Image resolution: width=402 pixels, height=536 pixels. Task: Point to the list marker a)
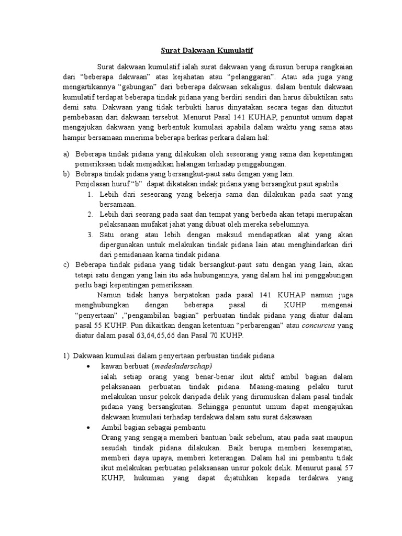click(65, 154)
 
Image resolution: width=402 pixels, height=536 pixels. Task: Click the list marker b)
click(65, 174)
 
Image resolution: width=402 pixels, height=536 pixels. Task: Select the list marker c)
click(65, 264)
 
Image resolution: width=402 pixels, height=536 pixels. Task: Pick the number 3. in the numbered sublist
click(90, 234)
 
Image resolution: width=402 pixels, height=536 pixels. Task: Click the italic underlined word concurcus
click(318, 327)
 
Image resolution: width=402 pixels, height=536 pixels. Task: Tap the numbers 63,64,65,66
click(160, 337)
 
